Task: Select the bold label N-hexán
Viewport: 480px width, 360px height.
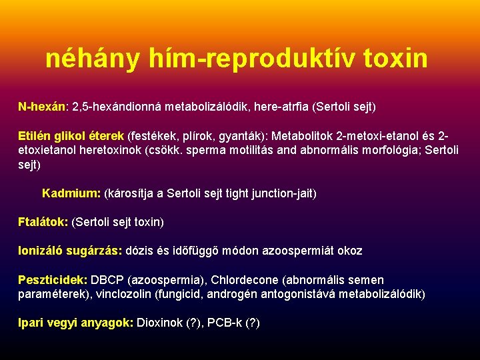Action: pos(41,106)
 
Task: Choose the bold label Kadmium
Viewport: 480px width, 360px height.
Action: pos(71,193)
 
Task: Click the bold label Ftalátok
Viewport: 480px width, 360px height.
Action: pos(43,221)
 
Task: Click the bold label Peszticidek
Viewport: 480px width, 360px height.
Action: pos(52,280)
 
